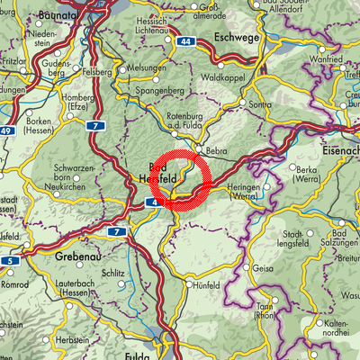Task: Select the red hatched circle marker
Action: tap(180, 180)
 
